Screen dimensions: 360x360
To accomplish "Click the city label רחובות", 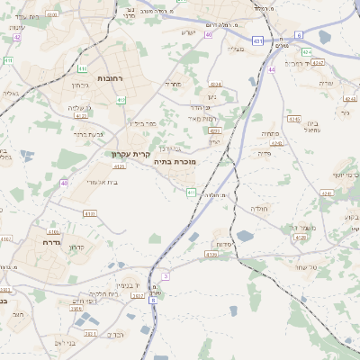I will (x=110, y=79).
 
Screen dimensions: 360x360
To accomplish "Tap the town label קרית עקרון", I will (x=130, y=154).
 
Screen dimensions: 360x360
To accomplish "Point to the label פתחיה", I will (x=270, y=133).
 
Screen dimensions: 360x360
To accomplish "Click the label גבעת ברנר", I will (x=88, y=134).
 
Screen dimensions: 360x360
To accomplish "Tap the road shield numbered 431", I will (x=257, y=40).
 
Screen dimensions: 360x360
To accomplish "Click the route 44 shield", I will (x=271, y=69).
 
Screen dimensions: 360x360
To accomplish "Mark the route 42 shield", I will (x=16, y=37).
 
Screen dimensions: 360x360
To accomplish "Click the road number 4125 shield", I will (x=81, y=115).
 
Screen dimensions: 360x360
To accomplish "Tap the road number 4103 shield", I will (x=89, y=213).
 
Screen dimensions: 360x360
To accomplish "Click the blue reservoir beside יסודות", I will (x=245, y=236).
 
